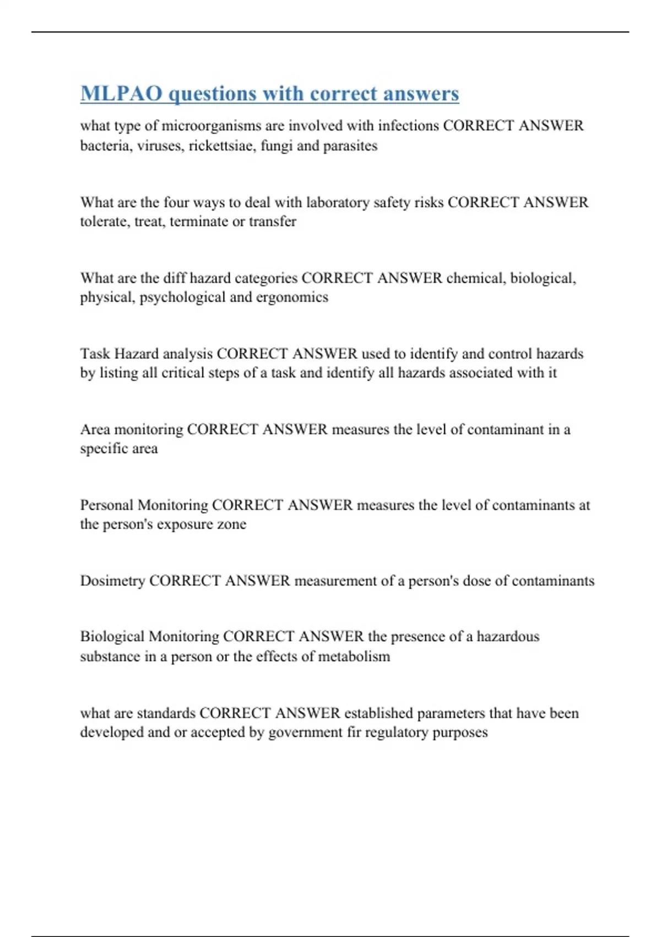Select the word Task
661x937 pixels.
pyautogui.click(x=95, y=353)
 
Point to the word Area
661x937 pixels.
pyautogui.click(x=95, y=429)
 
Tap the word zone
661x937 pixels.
pyautogui.click(x=231, y=524)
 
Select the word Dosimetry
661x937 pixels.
pyautogui.click(x=112, y=581)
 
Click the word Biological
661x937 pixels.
pyautogui.click(x=112, y=637)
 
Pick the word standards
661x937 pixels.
pyautogui.click(x=166, y=713)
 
